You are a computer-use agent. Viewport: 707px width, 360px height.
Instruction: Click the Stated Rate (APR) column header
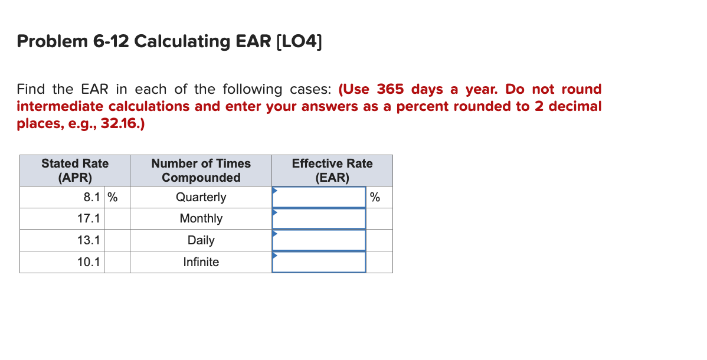(75, 171)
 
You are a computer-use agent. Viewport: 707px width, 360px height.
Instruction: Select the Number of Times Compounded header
(201, 171)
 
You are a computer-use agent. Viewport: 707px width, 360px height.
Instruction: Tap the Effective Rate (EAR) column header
(332, 171)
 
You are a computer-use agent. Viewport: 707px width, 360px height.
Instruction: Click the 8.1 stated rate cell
(62, 197)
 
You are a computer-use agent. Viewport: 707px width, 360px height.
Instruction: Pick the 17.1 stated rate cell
(62, 219)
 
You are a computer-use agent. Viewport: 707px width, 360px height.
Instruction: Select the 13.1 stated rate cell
(62, 240)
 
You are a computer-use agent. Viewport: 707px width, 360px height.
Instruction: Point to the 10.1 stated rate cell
(62, 262)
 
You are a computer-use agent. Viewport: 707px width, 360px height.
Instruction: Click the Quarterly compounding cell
(201, 197)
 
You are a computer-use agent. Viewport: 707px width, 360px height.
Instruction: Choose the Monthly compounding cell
(201, 219)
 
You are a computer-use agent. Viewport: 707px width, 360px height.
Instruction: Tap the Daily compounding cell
(201, 240)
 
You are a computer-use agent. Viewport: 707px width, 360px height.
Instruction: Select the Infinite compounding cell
(201, 262)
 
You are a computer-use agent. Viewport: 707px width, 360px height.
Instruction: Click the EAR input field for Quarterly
(319, 197)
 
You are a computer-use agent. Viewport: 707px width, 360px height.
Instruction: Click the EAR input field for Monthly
(319, 219)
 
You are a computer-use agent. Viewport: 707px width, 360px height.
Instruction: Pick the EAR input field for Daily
(319, 240)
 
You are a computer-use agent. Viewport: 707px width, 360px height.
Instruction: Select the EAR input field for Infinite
(319, 262)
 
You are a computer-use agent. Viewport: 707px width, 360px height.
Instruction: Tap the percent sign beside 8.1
(112, 197)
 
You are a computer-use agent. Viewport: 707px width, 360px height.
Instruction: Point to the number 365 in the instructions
(390, 90)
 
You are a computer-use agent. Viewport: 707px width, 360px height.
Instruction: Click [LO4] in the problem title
(299, 42)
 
